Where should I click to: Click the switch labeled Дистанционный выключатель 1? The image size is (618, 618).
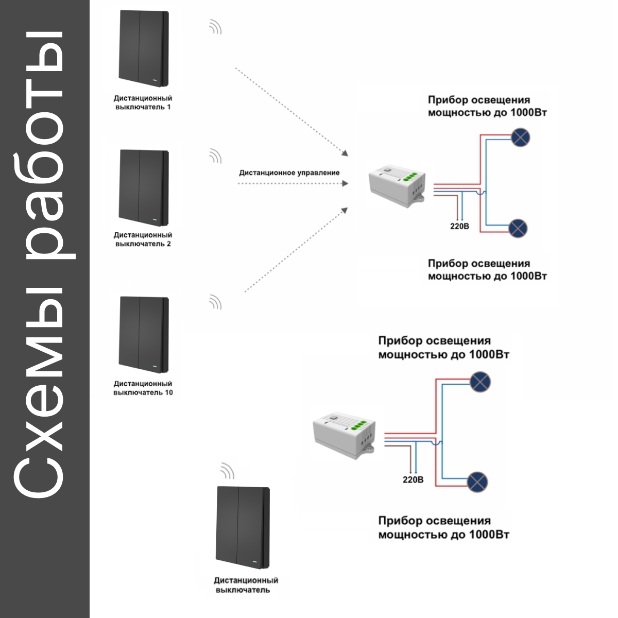pos(144,48)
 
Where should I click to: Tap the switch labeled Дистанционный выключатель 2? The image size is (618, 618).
pos(144,188)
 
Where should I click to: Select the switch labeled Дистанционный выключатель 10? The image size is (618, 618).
pos(144,335)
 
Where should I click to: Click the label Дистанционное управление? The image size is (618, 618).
pos(289,173)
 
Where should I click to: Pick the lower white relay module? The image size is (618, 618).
pos(344,435)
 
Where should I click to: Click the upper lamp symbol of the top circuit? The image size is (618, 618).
pos(520,138)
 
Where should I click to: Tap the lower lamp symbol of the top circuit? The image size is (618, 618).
pos(518,228)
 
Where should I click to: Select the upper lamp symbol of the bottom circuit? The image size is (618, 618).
pos(480,382)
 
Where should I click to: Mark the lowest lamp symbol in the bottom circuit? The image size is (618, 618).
pos(477,482)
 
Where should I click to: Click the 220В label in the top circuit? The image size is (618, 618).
pos(459,227)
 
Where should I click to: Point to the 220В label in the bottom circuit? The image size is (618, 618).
pos(413,480)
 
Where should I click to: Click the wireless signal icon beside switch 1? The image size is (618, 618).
pos(215,27)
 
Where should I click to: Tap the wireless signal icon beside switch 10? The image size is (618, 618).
pos(215,302)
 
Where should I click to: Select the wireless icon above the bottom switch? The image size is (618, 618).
pos(228,471)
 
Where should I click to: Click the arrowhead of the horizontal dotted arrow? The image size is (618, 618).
pos(345,183)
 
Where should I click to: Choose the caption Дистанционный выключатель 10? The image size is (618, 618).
pos(143,388)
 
